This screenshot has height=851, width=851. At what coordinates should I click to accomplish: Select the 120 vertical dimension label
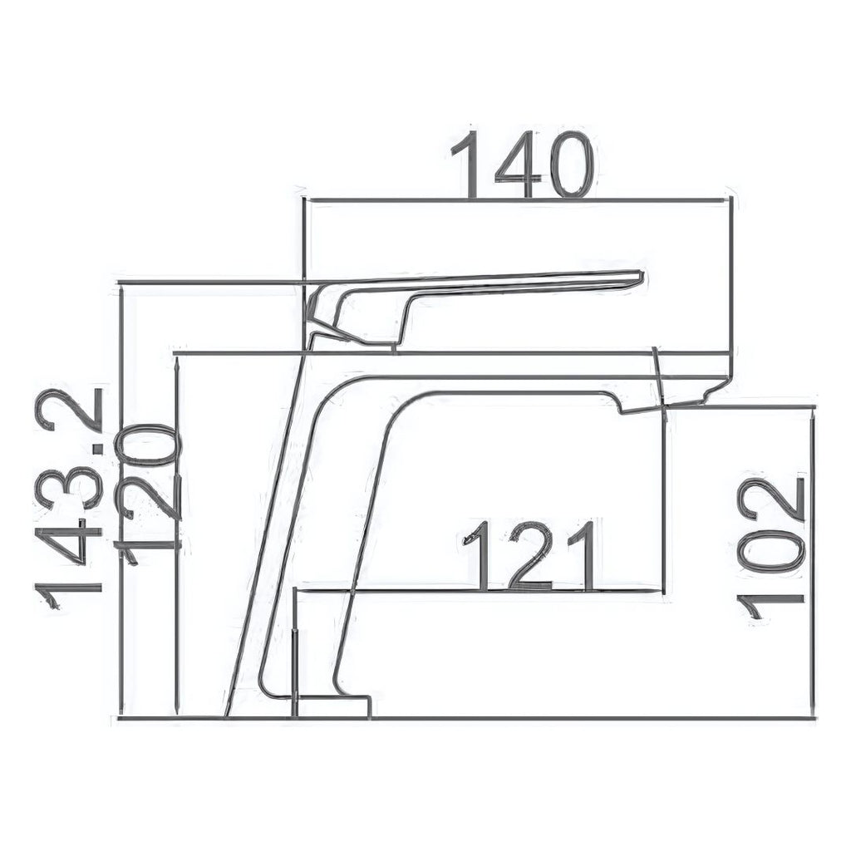tap(146, 493)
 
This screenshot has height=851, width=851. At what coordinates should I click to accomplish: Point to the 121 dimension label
tap(528, 556)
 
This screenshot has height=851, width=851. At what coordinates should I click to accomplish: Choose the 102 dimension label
tap(770, 552)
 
